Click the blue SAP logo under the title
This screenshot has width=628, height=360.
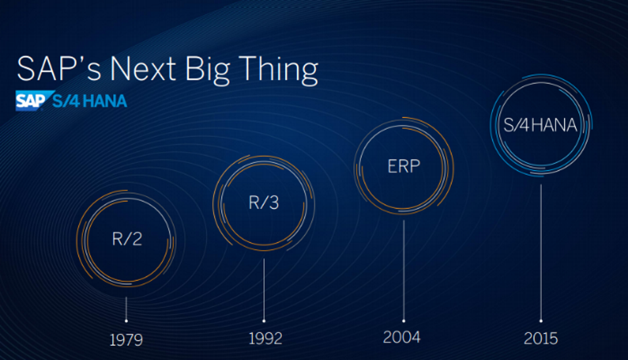(29, 101)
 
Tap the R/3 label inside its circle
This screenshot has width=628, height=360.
(264, 203)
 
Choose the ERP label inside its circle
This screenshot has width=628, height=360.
(403, 166)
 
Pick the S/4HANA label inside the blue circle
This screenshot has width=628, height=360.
(540, 125)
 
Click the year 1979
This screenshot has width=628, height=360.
(126, 341)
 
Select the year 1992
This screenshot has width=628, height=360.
(264, 339)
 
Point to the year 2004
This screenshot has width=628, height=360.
(403, 337)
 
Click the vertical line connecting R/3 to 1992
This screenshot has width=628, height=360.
(264, 286)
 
